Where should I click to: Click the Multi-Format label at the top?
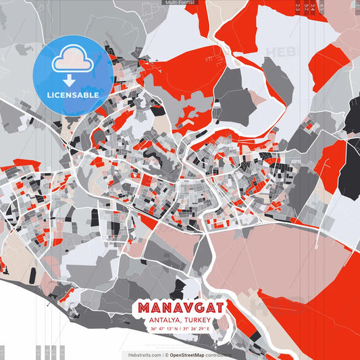click(180, 3)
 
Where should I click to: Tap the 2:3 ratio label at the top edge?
click(298, 7)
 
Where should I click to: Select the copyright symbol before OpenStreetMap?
click(165, 354)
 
